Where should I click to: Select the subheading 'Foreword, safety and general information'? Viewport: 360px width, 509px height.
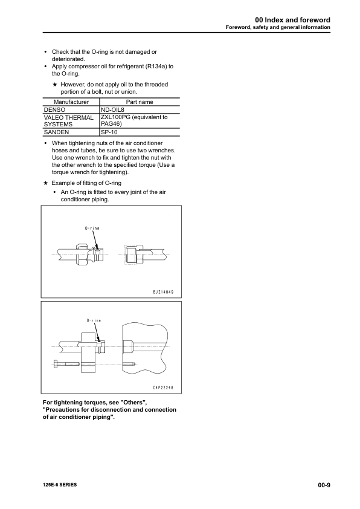click(278, 27)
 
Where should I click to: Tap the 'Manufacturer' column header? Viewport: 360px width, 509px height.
click(71, 102)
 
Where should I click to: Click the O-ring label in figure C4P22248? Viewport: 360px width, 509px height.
click(92, 320)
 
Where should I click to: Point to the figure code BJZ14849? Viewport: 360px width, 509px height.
click(159, 291)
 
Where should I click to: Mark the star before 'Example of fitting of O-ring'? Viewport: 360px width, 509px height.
click(45, 182)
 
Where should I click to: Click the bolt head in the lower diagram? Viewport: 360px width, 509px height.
click(56, 364)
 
